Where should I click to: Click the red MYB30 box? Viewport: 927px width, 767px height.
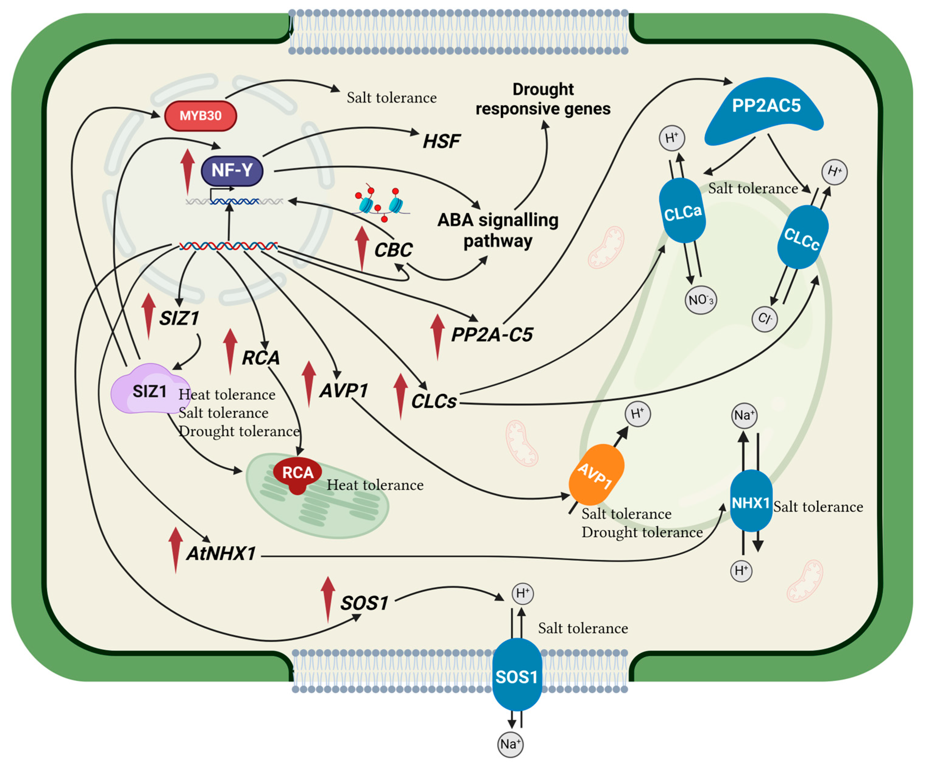click(200, 116)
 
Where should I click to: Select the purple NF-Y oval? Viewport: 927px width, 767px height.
click(232, 170)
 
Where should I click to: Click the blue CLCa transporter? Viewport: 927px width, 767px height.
click(682, 210)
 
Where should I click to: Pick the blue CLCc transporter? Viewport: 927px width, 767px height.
click(802, 237)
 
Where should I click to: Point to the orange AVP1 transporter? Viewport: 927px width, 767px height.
click(596, 474)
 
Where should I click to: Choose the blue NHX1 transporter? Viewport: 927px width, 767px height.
click(751, 501)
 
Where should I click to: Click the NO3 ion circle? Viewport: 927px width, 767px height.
click(700, 300)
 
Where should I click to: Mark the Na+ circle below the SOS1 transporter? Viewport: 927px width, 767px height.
click(510, 744)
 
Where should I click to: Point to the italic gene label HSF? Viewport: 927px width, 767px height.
click(442, 142)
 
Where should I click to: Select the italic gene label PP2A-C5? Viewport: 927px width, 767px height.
click(492, 335)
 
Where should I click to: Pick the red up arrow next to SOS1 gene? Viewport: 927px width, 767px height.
click(328, 599)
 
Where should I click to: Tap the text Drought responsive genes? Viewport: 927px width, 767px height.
click(543, 99)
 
